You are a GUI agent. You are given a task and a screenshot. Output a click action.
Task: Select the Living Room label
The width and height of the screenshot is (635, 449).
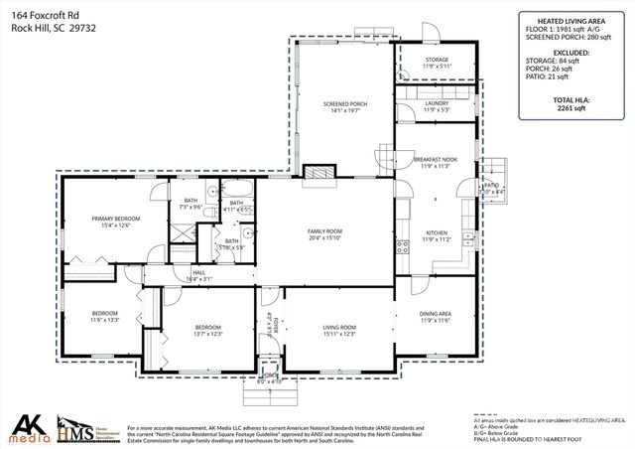coord(339,330)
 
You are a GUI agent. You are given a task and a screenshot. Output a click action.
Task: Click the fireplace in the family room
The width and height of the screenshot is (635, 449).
coord(318,173)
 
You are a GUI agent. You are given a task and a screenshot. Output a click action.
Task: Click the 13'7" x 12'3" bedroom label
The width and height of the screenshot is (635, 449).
coord(207,330)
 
